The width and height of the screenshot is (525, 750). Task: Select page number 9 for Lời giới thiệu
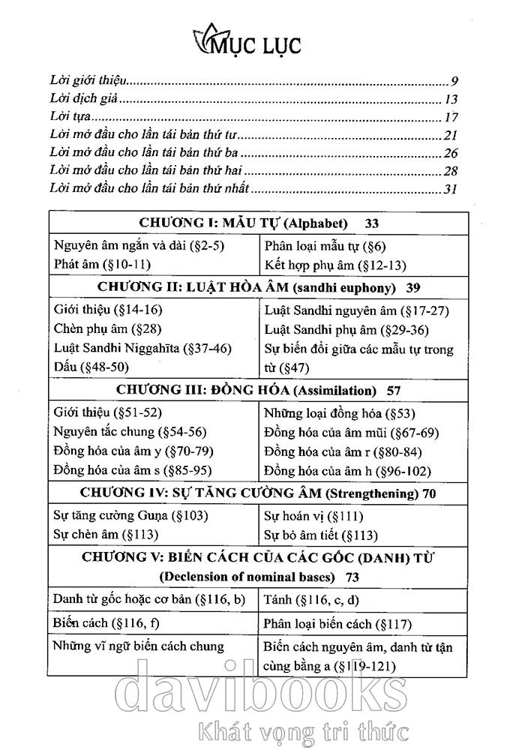[454, 80]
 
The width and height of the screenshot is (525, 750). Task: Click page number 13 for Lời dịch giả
[451, 99]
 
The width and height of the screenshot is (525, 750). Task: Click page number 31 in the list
[451, 189]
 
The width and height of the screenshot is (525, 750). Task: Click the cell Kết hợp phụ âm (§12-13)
[327, 264]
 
